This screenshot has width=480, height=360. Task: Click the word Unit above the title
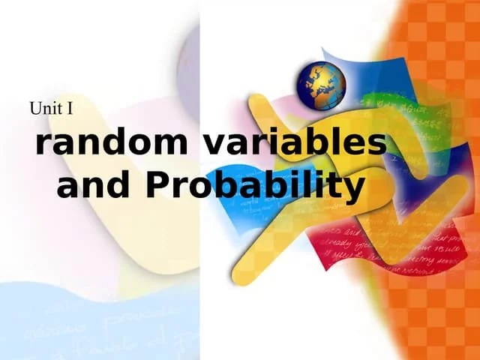[x=45, y=108]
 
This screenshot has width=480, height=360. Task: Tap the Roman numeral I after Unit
[x=70, y=108]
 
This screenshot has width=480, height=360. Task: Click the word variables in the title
[x=295, y=142]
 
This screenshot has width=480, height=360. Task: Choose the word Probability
[x=255, y=186]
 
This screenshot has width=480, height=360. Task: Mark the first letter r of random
[x=43, y=145]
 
